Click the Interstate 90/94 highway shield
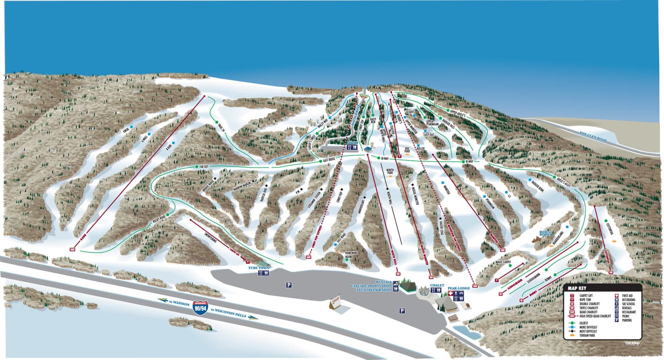click(x=200, y=308)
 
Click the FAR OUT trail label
click(x=204, y=166)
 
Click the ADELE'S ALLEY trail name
click(x=562, y=180)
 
